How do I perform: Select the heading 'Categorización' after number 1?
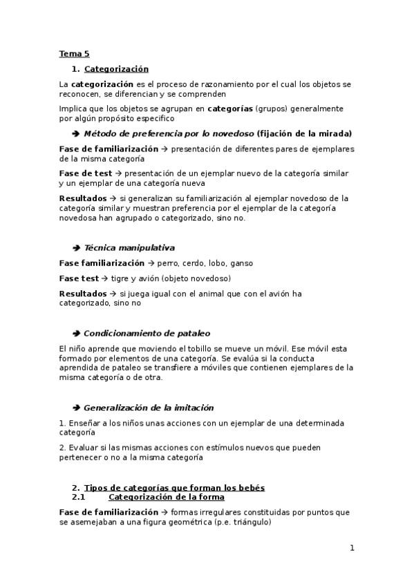116,69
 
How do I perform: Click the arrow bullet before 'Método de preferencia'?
76,133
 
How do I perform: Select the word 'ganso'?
242,263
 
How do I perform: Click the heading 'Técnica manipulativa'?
129,247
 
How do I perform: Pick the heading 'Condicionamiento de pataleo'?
147,333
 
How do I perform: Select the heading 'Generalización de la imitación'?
149,408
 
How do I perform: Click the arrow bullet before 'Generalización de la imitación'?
76,408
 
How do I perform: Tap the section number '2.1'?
78,497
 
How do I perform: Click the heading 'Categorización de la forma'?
167,497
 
